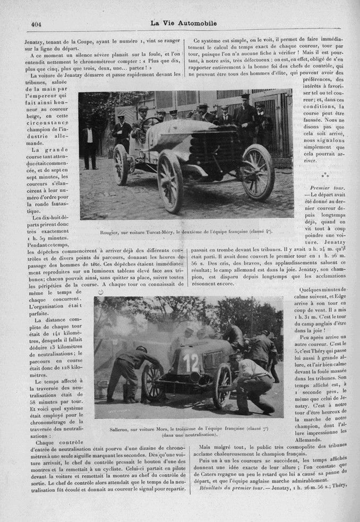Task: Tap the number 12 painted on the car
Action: click(x=191, y=363)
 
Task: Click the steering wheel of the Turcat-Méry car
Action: click(x=150, y=122)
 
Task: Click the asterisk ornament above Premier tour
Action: click(x=325, y=174)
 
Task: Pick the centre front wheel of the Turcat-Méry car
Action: click(x=170, y=181)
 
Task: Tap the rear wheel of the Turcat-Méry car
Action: click(x=121, y=164)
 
